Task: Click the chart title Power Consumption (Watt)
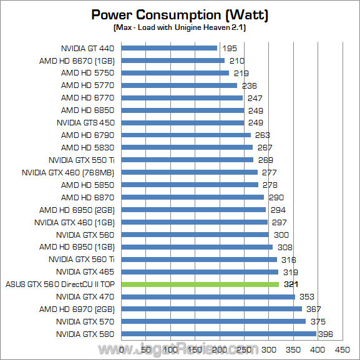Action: [x=180, y=14]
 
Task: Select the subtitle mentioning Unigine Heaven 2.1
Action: [x=180, y=28]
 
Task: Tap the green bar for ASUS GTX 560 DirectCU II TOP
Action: [x=200, y=285]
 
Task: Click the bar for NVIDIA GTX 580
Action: [x=218, y=334]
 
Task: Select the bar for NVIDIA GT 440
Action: [x=169, y=48]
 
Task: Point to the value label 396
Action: [x=325, y=334]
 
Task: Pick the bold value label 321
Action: [x=291, y=285]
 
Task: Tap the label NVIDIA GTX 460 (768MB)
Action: [x=69, y=172]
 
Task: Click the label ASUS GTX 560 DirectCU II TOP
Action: [x=61, y=285]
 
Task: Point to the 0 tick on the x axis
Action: [x=121, y=351]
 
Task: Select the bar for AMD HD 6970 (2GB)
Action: [x=212, y=309]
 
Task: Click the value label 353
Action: [x=306, y=297]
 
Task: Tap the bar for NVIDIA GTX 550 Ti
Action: [x=187, y=160]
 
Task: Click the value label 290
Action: [x=275, y=197]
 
